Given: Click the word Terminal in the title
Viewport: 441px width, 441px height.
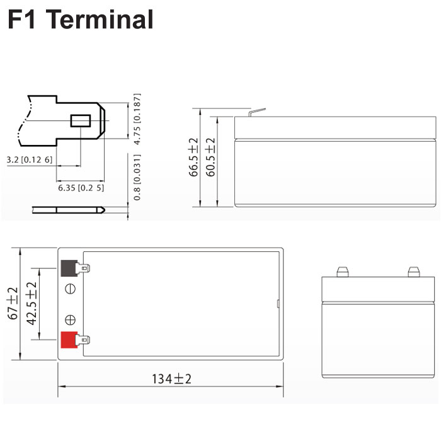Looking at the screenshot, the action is (102, 19).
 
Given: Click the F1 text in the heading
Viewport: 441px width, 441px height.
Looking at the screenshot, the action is (21, 19).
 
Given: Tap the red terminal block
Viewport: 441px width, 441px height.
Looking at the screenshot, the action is (69, 340).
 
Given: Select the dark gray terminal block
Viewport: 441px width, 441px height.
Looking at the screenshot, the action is (69, 268).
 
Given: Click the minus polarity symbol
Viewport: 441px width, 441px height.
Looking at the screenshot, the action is (70, 289).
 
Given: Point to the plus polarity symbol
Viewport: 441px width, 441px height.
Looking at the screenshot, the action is (70, 320).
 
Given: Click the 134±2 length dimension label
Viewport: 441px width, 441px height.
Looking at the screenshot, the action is (171, 379).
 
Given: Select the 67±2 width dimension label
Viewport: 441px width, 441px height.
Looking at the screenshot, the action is (13, 304).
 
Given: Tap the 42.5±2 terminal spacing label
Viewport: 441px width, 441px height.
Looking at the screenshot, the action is (31, 304).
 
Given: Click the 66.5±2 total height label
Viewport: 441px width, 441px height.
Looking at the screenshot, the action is (193, 157).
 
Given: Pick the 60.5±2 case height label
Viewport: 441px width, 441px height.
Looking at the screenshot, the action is (210, 157).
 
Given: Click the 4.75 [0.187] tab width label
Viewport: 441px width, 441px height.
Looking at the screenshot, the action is (137, 119).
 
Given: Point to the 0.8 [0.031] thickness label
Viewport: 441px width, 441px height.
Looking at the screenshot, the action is (137, 177).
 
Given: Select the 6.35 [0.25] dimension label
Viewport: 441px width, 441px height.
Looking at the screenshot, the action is (81, 188).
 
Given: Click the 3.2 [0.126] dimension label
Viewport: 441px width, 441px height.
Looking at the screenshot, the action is (30, 160).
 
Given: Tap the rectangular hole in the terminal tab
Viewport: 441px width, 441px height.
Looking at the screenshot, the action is (81, 121).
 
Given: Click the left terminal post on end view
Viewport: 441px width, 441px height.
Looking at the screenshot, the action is (343, 272).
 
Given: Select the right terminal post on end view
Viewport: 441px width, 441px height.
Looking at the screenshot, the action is (414, 272).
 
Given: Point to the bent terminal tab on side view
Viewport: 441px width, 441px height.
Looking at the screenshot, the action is (256, 112).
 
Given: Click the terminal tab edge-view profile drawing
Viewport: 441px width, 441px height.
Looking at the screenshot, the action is (68, 210).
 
